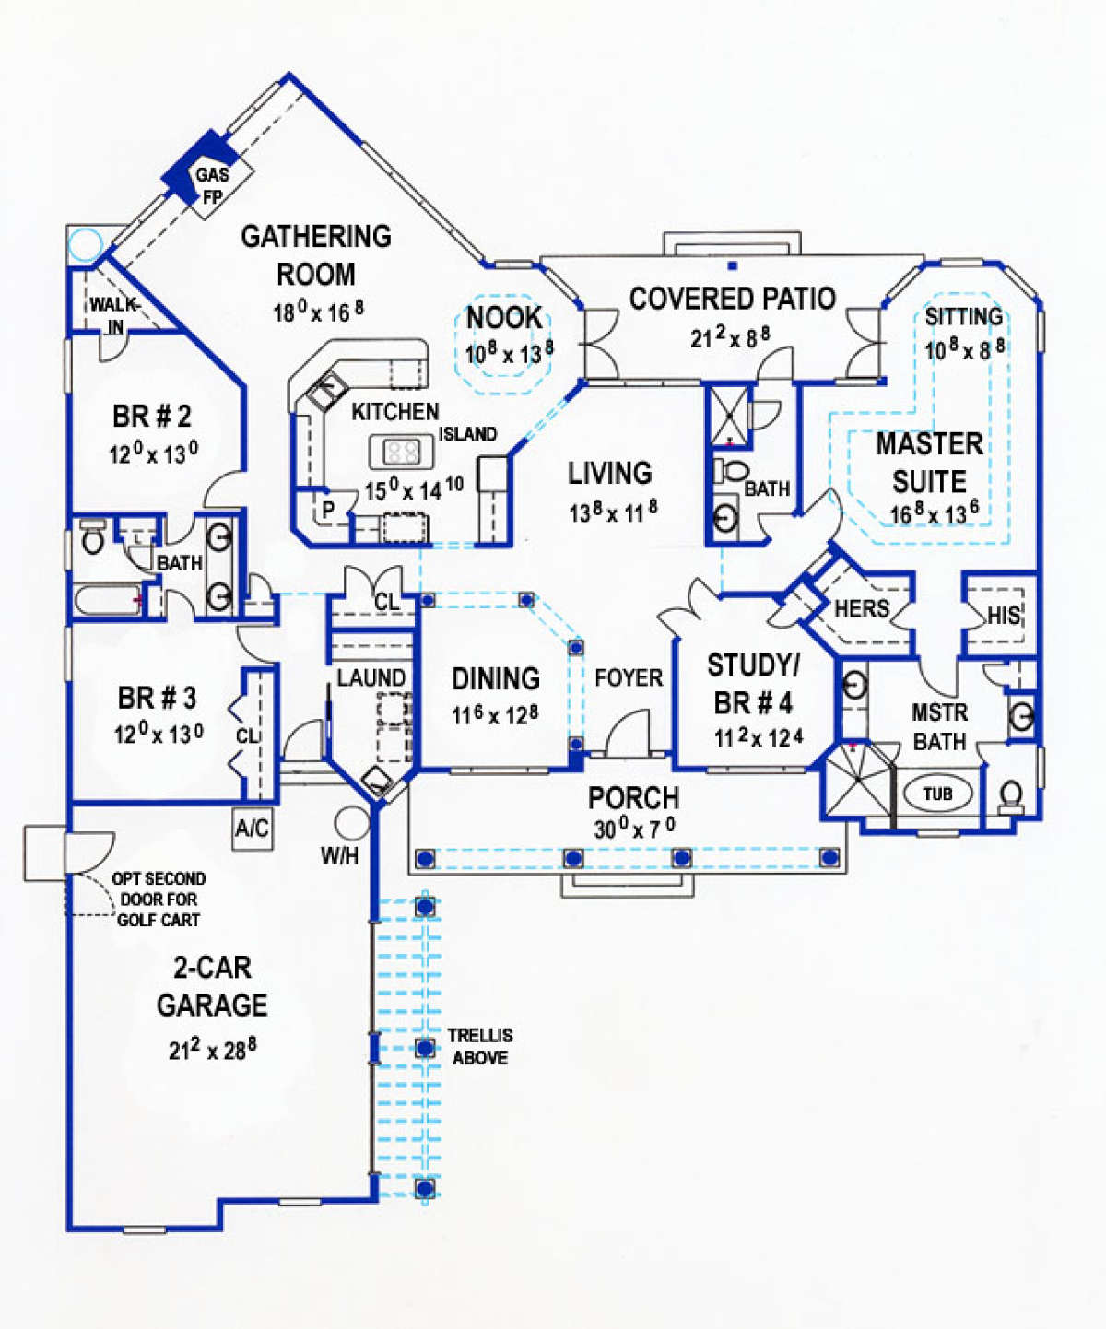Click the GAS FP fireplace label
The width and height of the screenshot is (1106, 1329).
click(212, 185)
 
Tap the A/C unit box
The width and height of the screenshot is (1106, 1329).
click(253, 829)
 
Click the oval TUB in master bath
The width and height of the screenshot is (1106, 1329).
click(938, 794)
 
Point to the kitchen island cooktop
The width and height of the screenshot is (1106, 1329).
click(402, 452)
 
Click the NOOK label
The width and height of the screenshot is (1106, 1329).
click(504, 318)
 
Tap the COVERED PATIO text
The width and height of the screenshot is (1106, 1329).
click(732, 299)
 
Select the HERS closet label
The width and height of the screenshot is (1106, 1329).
click(862, 608)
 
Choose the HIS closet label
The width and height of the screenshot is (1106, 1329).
click(1004, 616)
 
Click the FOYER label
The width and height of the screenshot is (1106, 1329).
click(629, 678)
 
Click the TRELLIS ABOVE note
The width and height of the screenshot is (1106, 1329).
click(479, 1047)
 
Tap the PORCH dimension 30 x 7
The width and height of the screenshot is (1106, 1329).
click(634, 828)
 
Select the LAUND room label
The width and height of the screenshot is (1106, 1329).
click(371, 678)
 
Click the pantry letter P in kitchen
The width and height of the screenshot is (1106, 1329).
click(328, 510)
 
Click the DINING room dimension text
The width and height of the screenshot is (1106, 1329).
click(495, 715)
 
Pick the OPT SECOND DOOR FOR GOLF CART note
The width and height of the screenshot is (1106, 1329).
click(159, 900)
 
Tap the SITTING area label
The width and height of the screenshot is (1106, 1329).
click(963, 316)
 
